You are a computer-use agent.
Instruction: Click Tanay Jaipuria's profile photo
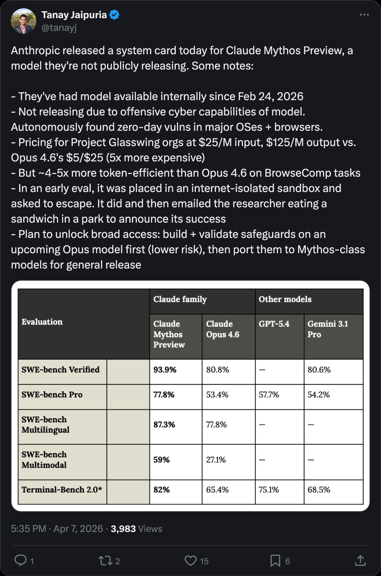point(23,21)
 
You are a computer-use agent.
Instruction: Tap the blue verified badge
point(114,15)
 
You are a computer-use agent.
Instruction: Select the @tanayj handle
point(59,28)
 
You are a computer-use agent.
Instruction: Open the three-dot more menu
point(364,15)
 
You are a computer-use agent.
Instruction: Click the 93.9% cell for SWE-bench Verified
point(165,370)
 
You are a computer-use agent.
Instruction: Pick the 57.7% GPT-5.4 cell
point(269,395)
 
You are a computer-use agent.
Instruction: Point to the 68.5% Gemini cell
point(319,490)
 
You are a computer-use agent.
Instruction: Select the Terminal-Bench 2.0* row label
point(62,490)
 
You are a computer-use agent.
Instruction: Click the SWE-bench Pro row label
point(52,395)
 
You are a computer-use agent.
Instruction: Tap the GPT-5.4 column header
point(274,324)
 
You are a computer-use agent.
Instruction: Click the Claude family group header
point(180,299)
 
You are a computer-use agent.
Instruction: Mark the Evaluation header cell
point(42,322)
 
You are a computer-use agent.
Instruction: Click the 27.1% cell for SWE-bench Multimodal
point(216,460)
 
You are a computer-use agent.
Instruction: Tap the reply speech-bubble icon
point(21,560)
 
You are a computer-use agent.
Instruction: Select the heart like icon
point(190,560)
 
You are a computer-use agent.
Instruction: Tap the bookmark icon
point(275,560)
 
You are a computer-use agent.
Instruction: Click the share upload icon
point(360,560)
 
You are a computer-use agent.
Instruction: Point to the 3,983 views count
point(123,529)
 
